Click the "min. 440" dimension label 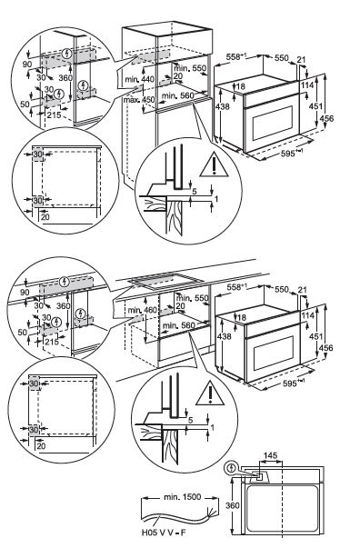point(140,79)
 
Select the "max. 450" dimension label point(139,100)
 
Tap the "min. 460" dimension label point(142,310)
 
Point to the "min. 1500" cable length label point(182,496)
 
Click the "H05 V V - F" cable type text point(164,533)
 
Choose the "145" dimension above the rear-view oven point(270,455)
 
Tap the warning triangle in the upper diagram point(214,166)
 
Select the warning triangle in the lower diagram point(210,394)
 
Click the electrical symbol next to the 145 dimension point(230,467)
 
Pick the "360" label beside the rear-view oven point(233,505)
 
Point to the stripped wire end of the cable point(210,511)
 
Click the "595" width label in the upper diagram point(289,153)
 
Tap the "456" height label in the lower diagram point(325,348)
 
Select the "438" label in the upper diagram point(223,105)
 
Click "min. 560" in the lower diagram point(178,325)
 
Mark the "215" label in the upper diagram point(55,115)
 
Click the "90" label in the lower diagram point(25,292)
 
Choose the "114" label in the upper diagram point(307,85)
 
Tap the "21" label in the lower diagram point(303,290)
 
